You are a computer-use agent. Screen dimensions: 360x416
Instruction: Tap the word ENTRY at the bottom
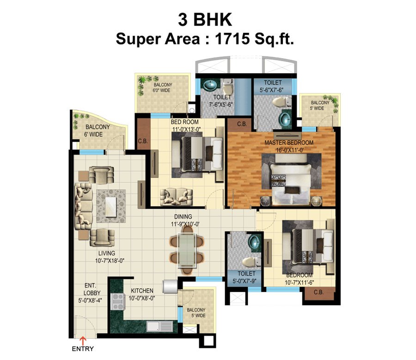coord(83,349)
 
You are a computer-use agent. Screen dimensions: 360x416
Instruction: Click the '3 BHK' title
coord(205,20)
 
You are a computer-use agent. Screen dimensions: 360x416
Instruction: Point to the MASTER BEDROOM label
coord(289,143)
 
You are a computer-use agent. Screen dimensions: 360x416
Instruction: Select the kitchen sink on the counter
coord(159,326)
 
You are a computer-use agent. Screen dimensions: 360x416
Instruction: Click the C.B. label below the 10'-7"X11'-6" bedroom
coord(318,292)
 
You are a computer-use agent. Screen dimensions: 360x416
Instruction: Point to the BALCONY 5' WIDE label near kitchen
coord(196,313)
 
